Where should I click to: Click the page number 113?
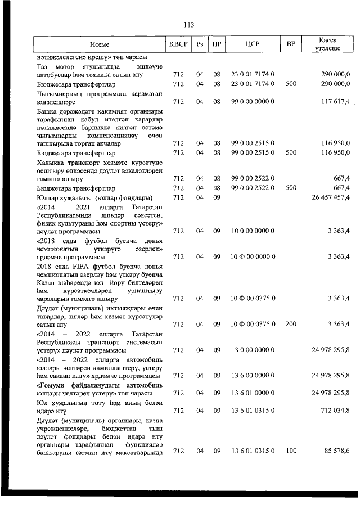tap(188, 25)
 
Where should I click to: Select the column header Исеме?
tap(99, 44)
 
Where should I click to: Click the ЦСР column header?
tap(253, 44)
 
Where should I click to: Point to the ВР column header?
tap(291, 44)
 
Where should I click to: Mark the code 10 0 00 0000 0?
tap(253, 231)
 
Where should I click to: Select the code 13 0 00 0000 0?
tap(253, 350)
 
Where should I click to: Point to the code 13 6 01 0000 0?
tap(253, 393)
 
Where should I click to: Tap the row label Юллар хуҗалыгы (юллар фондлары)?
tap(95, 197)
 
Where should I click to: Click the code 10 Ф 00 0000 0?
tap(253, 256)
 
